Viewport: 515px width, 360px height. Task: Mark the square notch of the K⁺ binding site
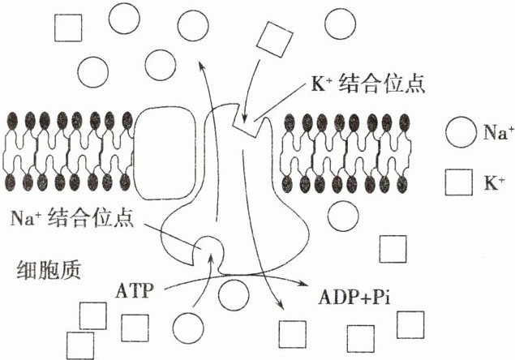tap(245, 124)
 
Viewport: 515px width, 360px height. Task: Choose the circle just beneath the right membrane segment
tap(342, 216)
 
